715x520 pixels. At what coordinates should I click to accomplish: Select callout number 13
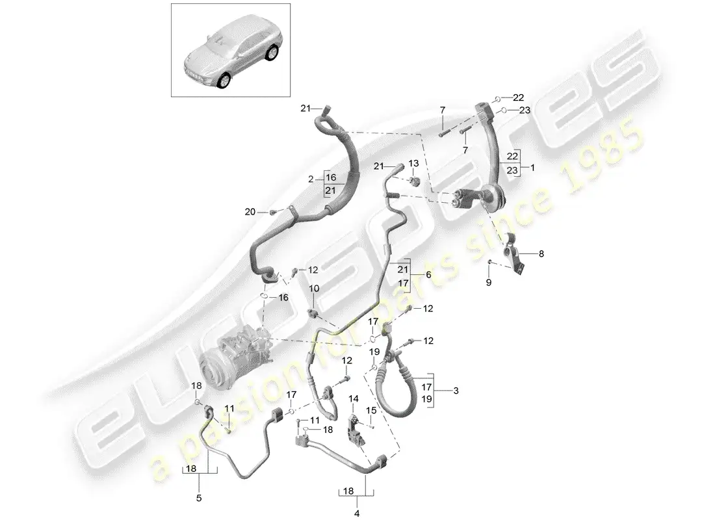[413, 163]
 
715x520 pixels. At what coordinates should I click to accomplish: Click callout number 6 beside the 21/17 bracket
[429, 275]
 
